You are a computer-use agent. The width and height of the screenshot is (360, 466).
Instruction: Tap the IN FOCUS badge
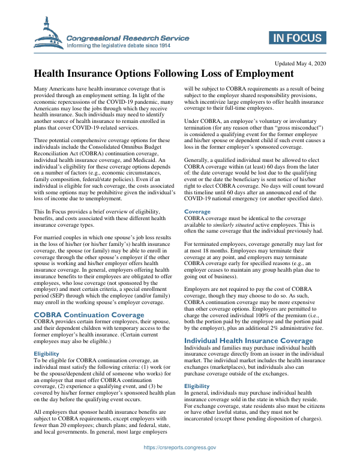pyautogui.click(x=296, y=38)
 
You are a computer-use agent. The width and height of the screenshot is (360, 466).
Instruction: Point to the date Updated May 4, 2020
pyautogui.click(x=299, y=64)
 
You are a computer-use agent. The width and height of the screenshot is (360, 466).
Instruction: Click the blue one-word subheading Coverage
pyautogui.click(x=197, y=194)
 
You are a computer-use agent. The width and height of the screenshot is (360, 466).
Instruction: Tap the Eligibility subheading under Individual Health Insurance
pyautogui.click(x=197, y=386)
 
